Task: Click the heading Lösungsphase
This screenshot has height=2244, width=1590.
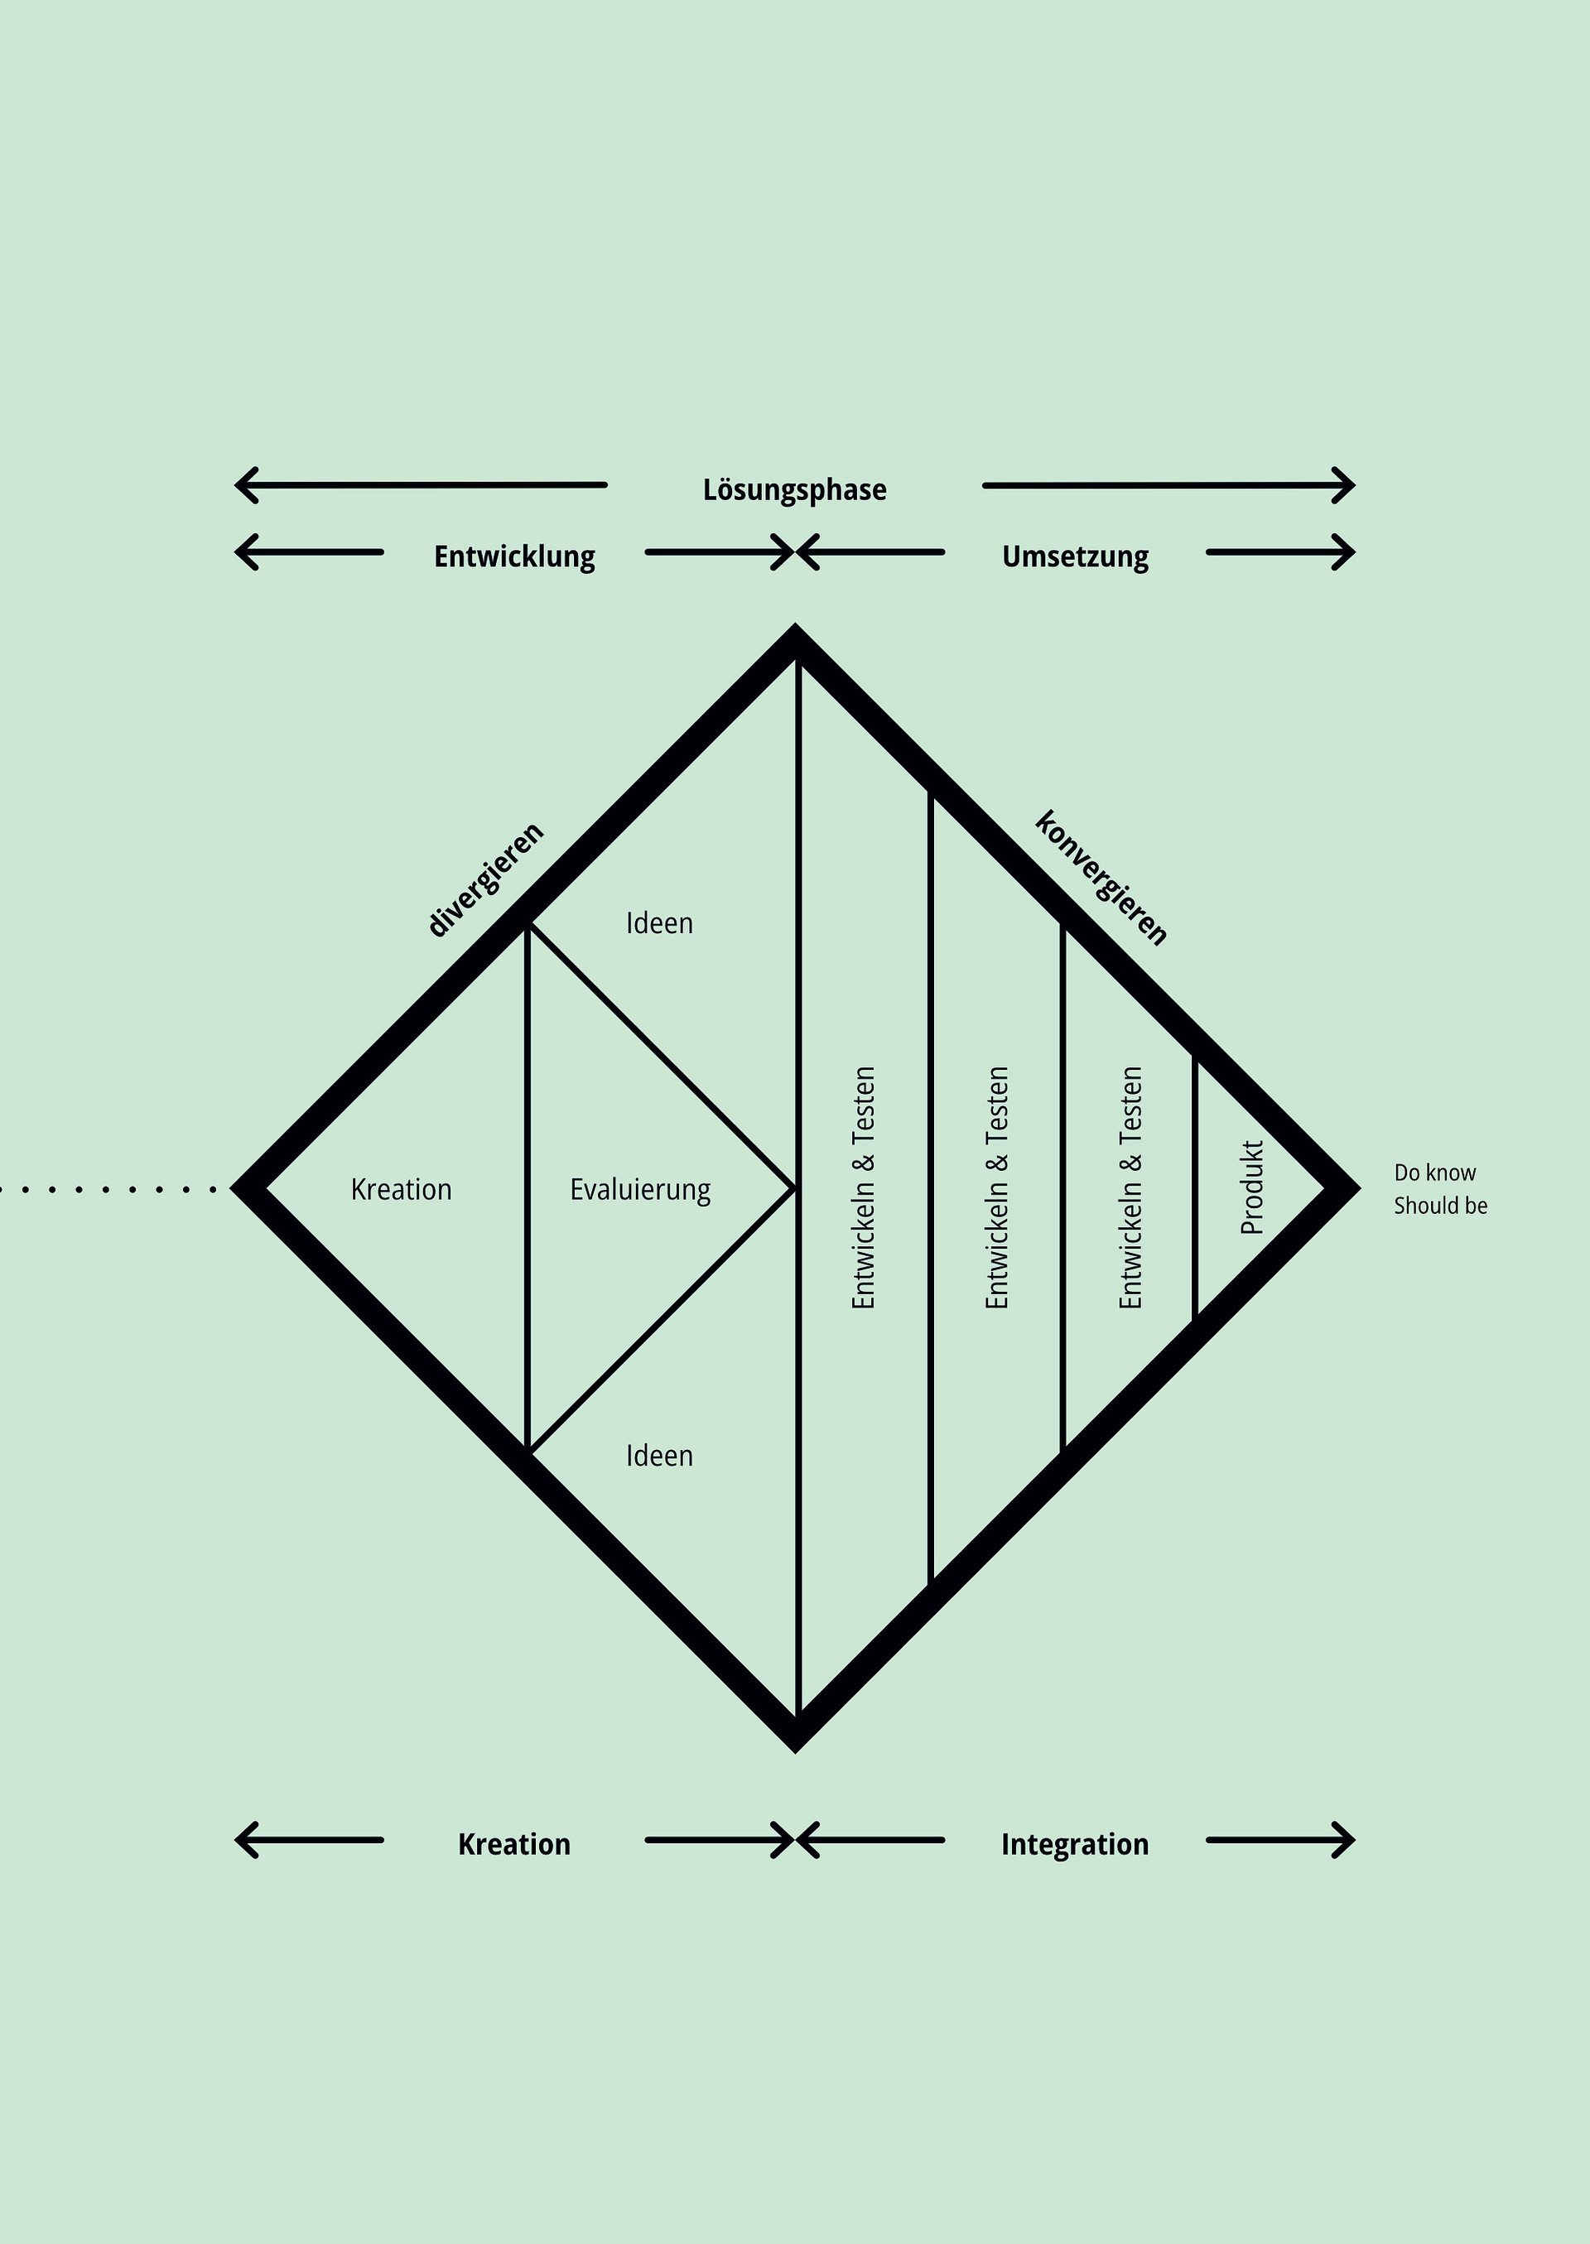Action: (794, 489)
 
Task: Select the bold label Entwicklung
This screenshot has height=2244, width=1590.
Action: (514, 556)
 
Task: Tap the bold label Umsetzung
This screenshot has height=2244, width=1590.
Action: (1074, 556)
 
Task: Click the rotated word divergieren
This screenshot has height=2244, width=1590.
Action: (485, 879)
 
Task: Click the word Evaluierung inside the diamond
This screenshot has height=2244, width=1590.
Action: (640, 1190)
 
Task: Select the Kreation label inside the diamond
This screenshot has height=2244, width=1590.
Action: (401, 1190)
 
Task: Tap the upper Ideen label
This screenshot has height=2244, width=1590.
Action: (659, 923)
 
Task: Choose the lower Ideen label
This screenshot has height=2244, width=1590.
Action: (659, 1456)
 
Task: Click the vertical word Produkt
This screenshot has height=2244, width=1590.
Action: (1252, 1187)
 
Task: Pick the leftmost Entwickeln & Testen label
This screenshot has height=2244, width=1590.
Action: (863, 1187)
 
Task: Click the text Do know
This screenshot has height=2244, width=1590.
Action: (1434, 1172)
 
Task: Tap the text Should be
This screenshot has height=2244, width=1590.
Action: (1440, 1206)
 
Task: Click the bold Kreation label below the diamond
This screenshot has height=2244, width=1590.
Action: (514, 1843)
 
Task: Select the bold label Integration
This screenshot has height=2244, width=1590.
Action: (1074, 1843)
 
